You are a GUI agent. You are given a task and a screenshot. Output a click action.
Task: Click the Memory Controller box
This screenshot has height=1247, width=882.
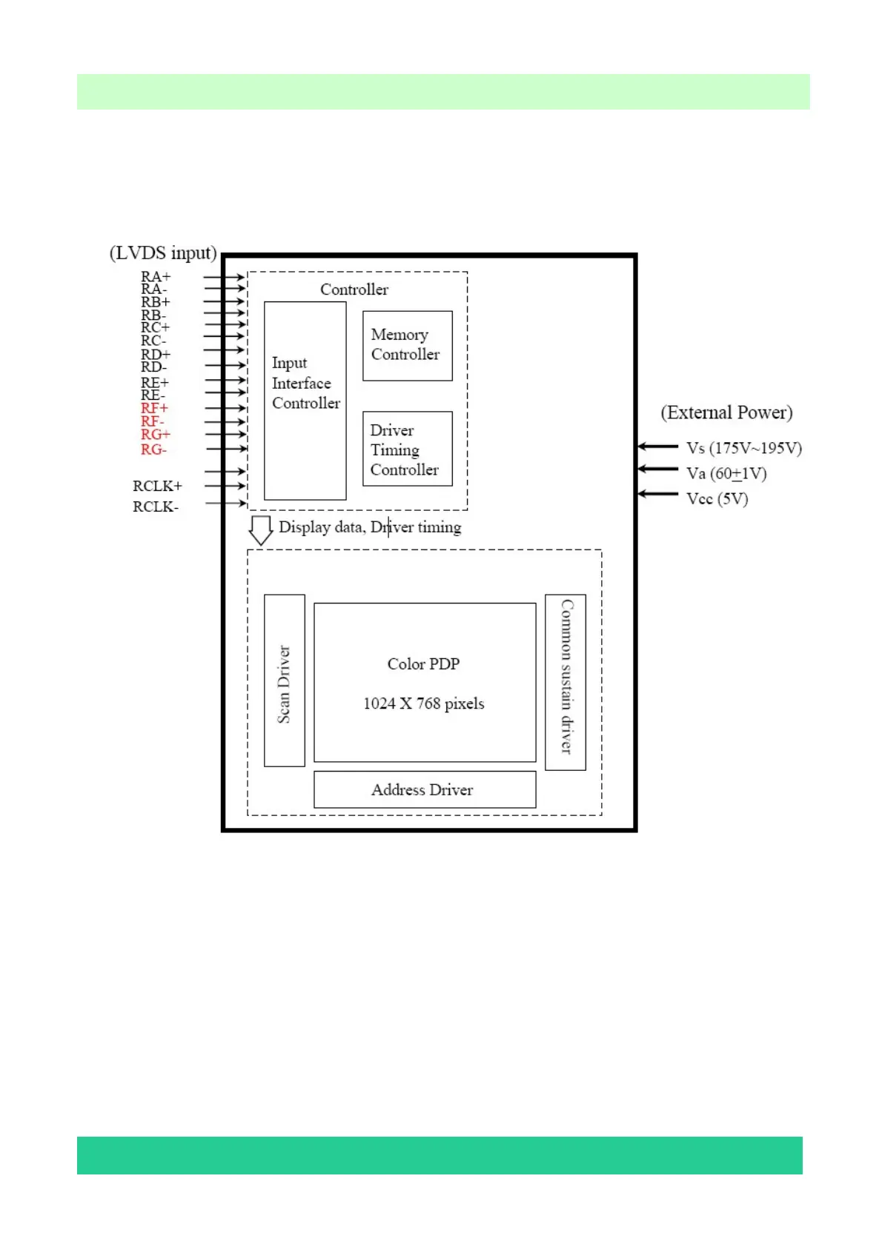tap(407, 345)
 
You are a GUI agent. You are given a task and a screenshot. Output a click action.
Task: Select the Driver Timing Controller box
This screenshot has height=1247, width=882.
tap(407, 449)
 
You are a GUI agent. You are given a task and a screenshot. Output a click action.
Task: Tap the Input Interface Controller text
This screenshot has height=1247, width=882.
tap(305, 383)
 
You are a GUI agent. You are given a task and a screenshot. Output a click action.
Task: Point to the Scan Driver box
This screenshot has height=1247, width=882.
tap(284, 681)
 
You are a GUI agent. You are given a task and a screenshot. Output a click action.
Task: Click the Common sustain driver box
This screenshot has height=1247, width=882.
tap(565, 682)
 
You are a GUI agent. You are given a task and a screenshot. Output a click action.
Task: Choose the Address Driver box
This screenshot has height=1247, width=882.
tap(424, 789)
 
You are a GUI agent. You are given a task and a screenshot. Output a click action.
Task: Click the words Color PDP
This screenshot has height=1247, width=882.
tap(423, 663)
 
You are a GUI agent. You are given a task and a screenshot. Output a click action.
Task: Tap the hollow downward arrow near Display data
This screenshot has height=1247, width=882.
tap(260, 529)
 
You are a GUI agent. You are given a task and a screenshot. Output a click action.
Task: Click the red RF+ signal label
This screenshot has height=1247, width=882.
tap(154, 408)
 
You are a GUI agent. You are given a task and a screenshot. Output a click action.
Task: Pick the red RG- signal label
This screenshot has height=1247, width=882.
tap(153, 449)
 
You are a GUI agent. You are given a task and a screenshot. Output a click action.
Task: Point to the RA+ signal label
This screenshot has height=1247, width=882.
tap(156, 277)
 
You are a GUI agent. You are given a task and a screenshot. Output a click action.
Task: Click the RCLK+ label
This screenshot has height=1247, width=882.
tap(157, 486)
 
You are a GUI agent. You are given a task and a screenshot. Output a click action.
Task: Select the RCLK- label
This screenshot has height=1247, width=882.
tap(156, 507)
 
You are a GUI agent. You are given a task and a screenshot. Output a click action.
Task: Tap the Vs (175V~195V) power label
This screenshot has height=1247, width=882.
tap(743, 448)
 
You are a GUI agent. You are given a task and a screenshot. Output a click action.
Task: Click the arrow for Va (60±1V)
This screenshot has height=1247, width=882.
tap(657, 469)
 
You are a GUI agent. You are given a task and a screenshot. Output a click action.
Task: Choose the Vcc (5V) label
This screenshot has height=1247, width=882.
tap(717, 498)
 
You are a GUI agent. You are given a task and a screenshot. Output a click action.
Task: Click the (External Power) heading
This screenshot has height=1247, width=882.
tap(726, 412)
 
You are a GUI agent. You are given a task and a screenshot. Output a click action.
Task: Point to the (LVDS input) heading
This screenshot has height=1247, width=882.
tap(163, 253)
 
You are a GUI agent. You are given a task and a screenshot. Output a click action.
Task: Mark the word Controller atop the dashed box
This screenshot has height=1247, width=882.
tap(354, 290)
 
